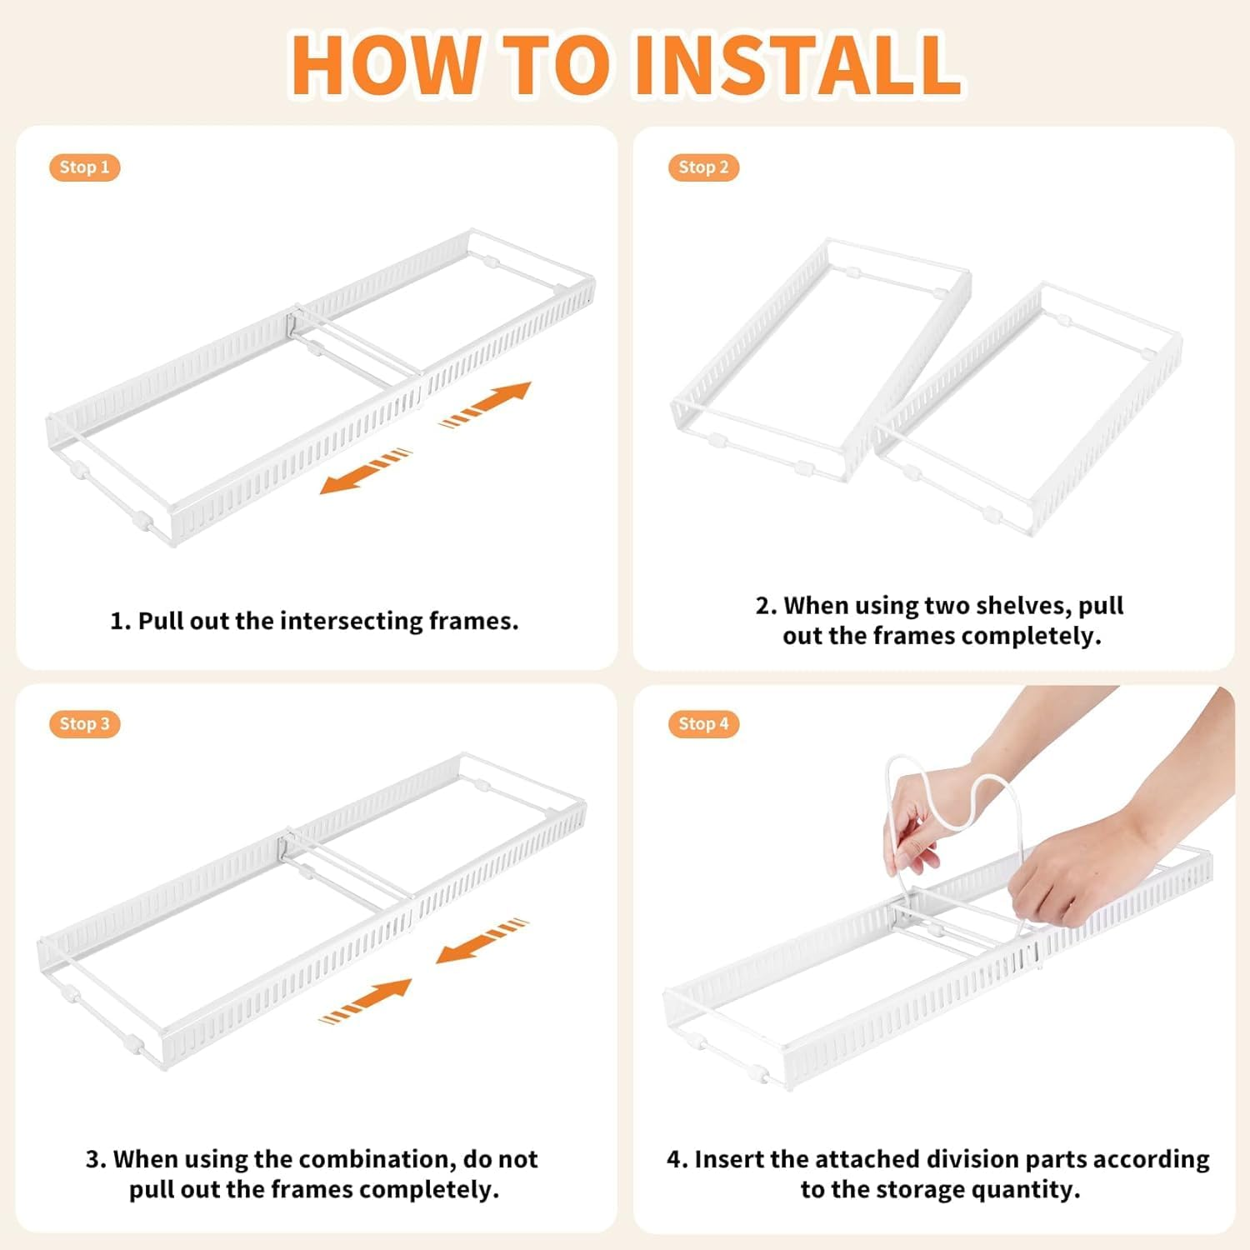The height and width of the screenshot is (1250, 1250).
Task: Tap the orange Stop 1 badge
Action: (x=84, y=167)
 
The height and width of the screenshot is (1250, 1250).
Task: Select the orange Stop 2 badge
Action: (x=703, y=167)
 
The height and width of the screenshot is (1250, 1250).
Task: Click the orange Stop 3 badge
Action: (x=84, y=724)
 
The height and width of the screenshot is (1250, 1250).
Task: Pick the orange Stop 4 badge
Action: (x=703, y=724)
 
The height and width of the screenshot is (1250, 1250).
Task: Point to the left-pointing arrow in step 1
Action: (x=366, y=472)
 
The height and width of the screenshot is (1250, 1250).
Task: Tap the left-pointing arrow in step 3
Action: (x=482, y=941)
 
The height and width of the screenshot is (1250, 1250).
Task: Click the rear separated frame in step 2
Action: (x=821, y=358)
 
